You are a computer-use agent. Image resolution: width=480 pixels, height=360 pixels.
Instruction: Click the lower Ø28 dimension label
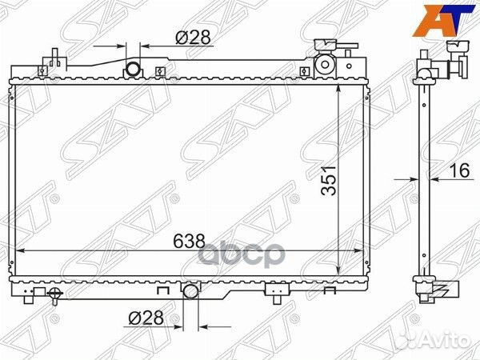coord(143,318)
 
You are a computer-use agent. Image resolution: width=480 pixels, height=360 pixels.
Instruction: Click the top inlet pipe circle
coord(133,70)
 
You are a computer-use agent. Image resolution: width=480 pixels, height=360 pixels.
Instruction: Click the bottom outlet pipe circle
coord(190,291)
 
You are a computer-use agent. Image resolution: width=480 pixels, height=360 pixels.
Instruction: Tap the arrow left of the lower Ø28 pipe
coord(177,326)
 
